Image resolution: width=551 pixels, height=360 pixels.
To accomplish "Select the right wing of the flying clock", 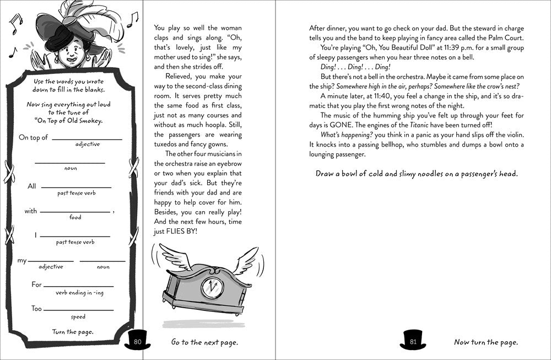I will point(244,259).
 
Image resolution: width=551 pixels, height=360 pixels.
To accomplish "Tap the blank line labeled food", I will point(75,212).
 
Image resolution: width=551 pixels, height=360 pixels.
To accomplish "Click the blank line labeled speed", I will point(79,310).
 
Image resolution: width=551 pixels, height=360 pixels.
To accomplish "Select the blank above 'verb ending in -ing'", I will point(79,286).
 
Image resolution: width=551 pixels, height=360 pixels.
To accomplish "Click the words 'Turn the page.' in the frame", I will point(73,331).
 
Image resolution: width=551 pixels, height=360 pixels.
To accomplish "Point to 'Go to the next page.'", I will point(204,342).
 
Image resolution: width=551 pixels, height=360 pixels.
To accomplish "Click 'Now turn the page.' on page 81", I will point(485,342).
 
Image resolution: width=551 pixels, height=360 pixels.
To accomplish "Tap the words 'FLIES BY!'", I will point(181,232).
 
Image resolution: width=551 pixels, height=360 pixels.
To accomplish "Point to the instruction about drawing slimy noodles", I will point(417,174).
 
